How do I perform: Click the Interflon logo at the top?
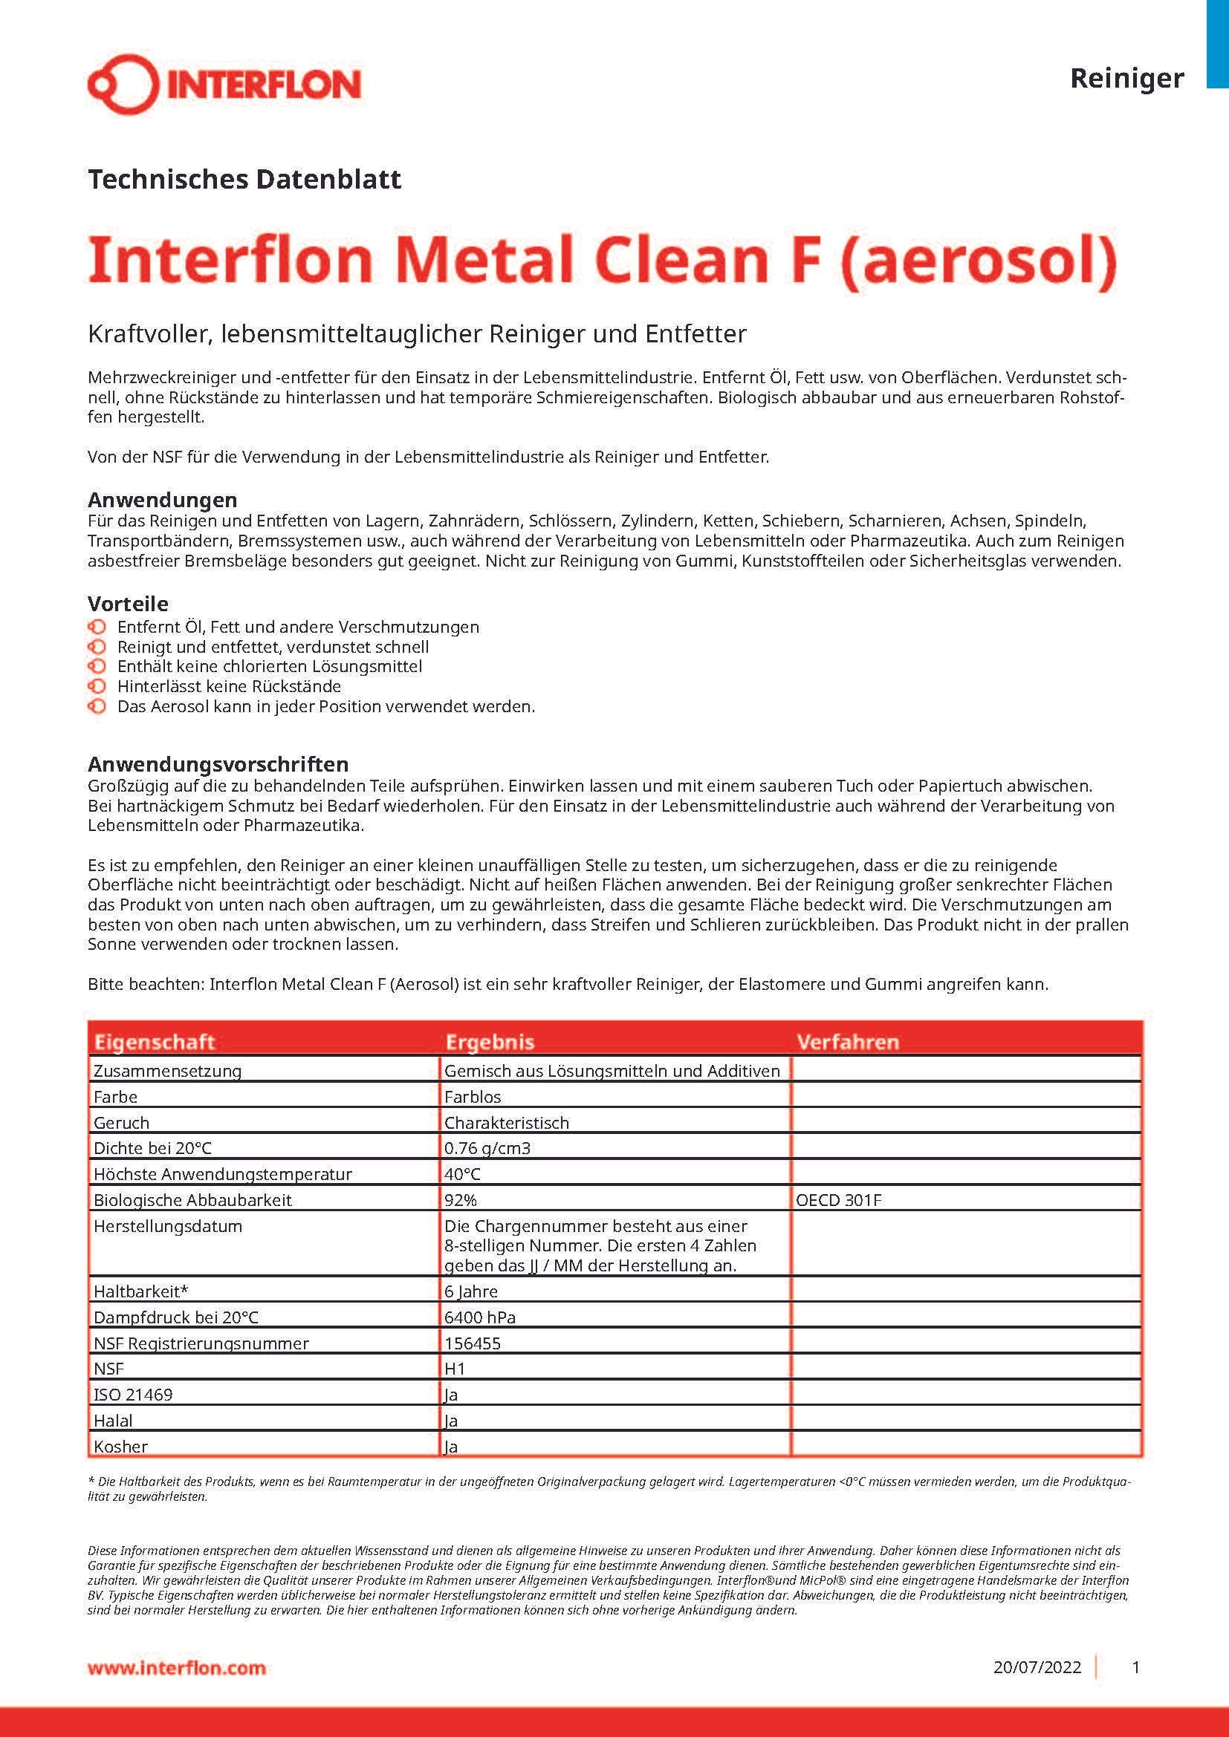(224, 84)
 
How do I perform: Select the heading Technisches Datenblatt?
(244, 179)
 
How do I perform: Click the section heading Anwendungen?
(162, 499)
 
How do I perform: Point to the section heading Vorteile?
(128, 603)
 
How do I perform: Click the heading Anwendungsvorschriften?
(218, 763)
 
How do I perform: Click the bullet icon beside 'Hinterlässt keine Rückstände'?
(97, 686)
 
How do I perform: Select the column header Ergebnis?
(490, 1042)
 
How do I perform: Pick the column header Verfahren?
(848, 1042)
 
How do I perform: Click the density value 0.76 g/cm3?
(487, 1147)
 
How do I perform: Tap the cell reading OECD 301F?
(838, 1200)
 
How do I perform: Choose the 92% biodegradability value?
(460, 1200)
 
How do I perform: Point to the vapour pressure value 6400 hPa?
(480, 1317)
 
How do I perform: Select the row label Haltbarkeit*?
(140, 1291)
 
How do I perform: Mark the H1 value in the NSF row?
(455, 1369)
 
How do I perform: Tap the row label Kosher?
(120, 1447)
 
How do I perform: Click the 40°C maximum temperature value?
(462, 1174)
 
